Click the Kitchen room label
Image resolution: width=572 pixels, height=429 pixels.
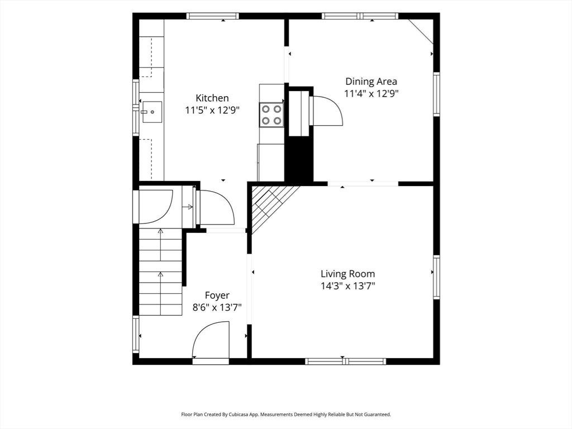click(x=212, y=98)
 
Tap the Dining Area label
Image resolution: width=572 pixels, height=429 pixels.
click(x=371, y=82)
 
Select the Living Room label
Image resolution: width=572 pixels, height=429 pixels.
click(x=347, y=274)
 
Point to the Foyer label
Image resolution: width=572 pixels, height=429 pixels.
click(x=217, y=295)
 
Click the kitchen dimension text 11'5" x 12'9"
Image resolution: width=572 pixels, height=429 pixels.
click(x=212, y=110)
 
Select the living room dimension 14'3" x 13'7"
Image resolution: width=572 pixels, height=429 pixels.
click(x=347, y=285)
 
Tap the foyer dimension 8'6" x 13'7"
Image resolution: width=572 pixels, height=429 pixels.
click(x=217, y=308)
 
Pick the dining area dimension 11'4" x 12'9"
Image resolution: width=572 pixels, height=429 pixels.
click(x=371, y=93)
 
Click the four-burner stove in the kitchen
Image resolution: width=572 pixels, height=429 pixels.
click(x=271, y=115)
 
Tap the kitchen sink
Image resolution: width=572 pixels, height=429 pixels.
click(x=152, y=112)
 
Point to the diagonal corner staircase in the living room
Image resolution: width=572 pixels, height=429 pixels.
click(x=272, y=206)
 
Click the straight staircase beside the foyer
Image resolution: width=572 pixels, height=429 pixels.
click(x=160, y=271)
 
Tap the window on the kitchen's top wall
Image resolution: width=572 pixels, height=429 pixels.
click(x=213, y=16)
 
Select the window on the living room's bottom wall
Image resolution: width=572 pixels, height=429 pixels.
click(x=345, y=361)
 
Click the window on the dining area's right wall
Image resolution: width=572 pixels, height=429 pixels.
click(x=436, y=94)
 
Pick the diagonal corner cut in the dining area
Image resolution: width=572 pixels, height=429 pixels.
click(x=421, y=32)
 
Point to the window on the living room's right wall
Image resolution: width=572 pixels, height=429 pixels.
click(x=436, y=277)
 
